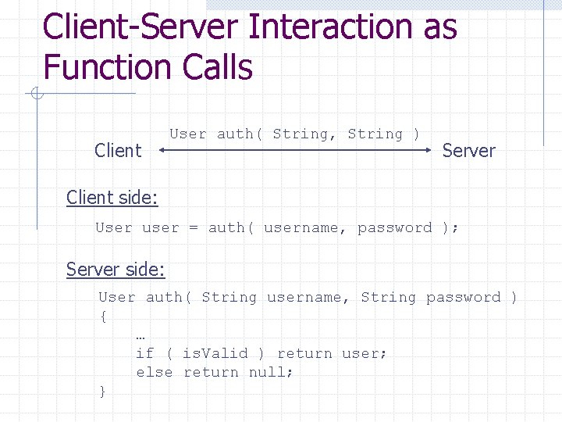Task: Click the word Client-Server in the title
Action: [140, 27]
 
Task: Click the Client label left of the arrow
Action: [118, 151]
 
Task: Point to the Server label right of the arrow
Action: [468, 151]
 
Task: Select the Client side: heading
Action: [112, 198]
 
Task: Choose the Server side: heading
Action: [116, 270]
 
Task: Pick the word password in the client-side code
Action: [394, 228]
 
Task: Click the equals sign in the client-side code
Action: [193, 228]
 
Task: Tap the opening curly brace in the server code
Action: [103, 316]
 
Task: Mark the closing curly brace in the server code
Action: [103, 391]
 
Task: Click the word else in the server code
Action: [155, 372]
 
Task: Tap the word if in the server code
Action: [145, 353]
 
